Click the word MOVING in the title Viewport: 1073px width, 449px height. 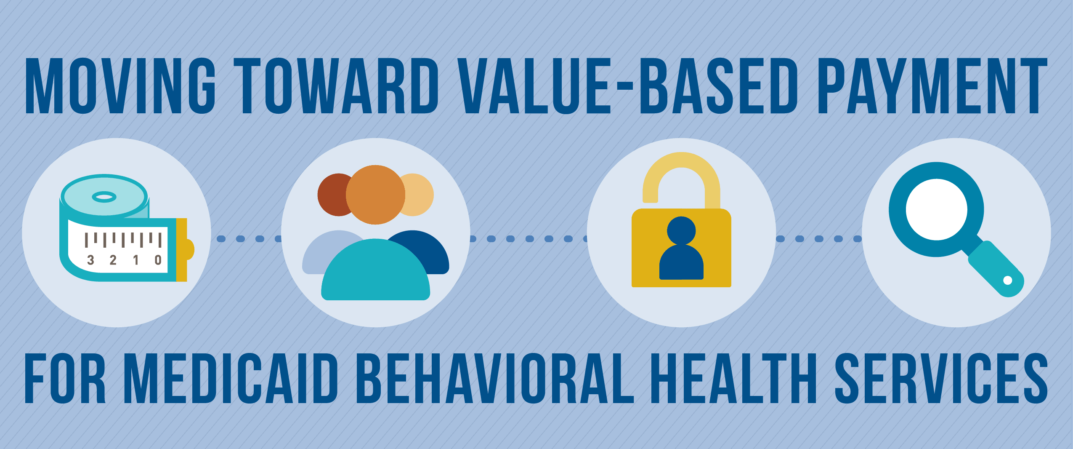120,86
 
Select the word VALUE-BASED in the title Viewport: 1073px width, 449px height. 628,86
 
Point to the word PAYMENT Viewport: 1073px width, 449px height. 932,86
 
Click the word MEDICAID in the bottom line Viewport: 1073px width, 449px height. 231,378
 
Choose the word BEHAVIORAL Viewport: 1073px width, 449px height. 495,378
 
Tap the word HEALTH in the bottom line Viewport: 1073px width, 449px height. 734,378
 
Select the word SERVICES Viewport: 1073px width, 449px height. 941,378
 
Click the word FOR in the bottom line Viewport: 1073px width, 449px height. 65,378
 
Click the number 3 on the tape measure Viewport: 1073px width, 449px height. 90,260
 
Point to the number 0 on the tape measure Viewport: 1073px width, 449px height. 158,260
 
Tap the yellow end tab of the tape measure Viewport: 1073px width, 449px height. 184,250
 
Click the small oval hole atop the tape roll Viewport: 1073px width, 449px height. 104,197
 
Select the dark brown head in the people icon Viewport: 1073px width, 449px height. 332,195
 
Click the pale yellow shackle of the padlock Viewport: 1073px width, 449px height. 681,173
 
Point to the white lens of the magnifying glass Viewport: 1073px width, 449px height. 936,209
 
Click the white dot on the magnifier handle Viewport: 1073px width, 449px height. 1008,280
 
